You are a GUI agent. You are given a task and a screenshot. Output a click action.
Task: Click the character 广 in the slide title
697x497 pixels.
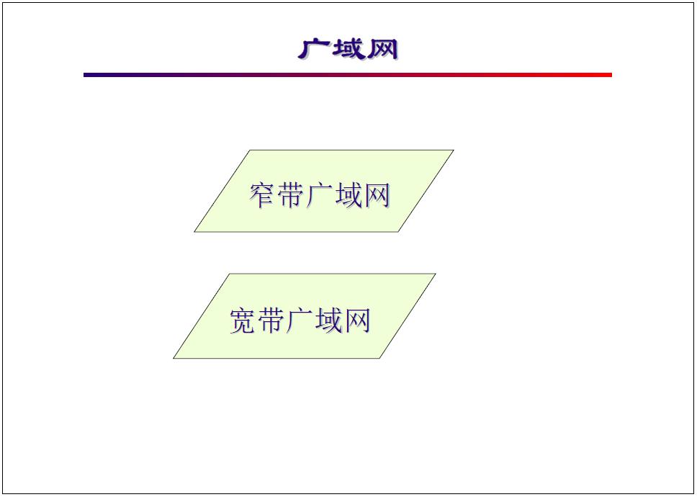click(314, 48)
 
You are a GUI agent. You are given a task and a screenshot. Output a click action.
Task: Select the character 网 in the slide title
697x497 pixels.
click(381, 48)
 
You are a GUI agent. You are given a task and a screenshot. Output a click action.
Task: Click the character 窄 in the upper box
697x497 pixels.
click(262, 195)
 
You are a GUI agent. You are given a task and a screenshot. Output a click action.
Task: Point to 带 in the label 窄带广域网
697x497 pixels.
click(290, 195)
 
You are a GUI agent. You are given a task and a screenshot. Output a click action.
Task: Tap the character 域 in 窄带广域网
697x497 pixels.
click(347, 195)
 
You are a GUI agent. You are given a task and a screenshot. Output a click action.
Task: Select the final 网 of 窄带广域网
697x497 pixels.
click(376, 195)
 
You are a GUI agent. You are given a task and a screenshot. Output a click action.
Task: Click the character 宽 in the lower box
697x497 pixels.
click(243, 320)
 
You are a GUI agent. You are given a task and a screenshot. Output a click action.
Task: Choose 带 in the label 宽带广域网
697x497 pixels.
click(271, 320)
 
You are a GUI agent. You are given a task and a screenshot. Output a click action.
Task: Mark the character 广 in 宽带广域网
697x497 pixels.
click(299, 320)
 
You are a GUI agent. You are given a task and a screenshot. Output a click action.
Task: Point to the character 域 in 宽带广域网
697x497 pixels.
click(328, 320)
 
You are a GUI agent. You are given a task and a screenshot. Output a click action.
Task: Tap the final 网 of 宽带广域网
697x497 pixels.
click(356, 320)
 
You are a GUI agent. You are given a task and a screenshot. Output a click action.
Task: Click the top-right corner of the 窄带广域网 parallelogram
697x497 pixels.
click(453, 151)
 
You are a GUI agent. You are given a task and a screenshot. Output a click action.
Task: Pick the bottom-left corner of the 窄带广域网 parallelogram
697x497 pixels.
click(195, 231)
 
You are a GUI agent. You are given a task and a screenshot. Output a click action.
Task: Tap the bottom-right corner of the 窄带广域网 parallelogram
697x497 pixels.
click(398, 231)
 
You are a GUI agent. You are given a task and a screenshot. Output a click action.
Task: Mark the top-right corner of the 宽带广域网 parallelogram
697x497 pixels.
click(435, 274)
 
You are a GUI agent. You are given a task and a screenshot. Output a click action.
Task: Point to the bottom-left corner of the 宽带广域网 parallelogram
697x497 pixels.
click(174, 357)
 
